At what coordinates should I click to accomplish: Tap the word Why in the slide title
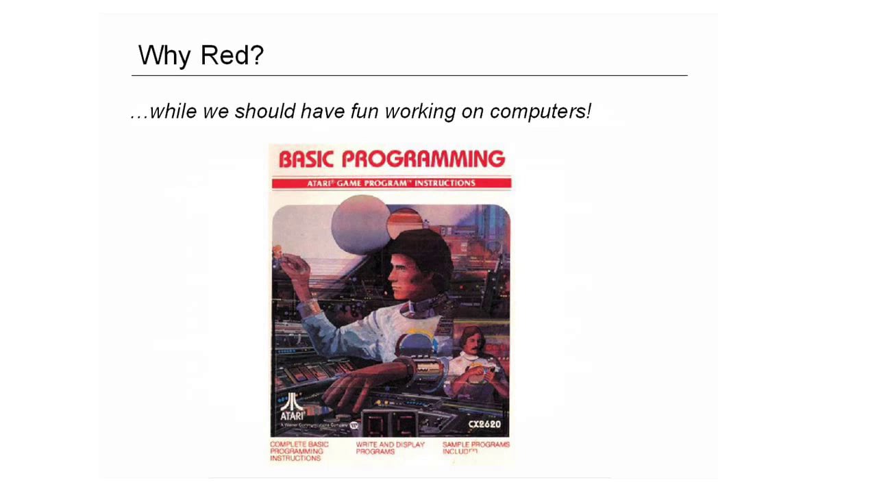(x=164, y=55)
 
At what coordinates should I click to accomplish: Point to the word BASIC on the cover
(x=306, y=159)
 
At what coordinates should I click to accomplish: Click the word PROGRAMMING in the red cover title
(x=423, y=159)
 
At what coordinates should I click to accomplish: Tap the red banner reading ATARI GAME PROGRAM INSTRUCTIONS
(x=391, y=183)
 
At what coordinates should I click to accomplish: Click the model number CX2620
(x=484, y=425)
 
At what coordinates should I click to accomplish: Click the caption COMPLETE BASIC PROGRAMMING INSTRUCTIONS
(x=299, y=451)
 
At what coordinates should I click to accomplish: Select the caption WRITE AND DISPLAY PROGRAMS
(x=390, y=448)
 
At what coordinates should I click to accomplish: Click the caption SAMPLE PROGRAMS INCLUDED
(x=475, y=448)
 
